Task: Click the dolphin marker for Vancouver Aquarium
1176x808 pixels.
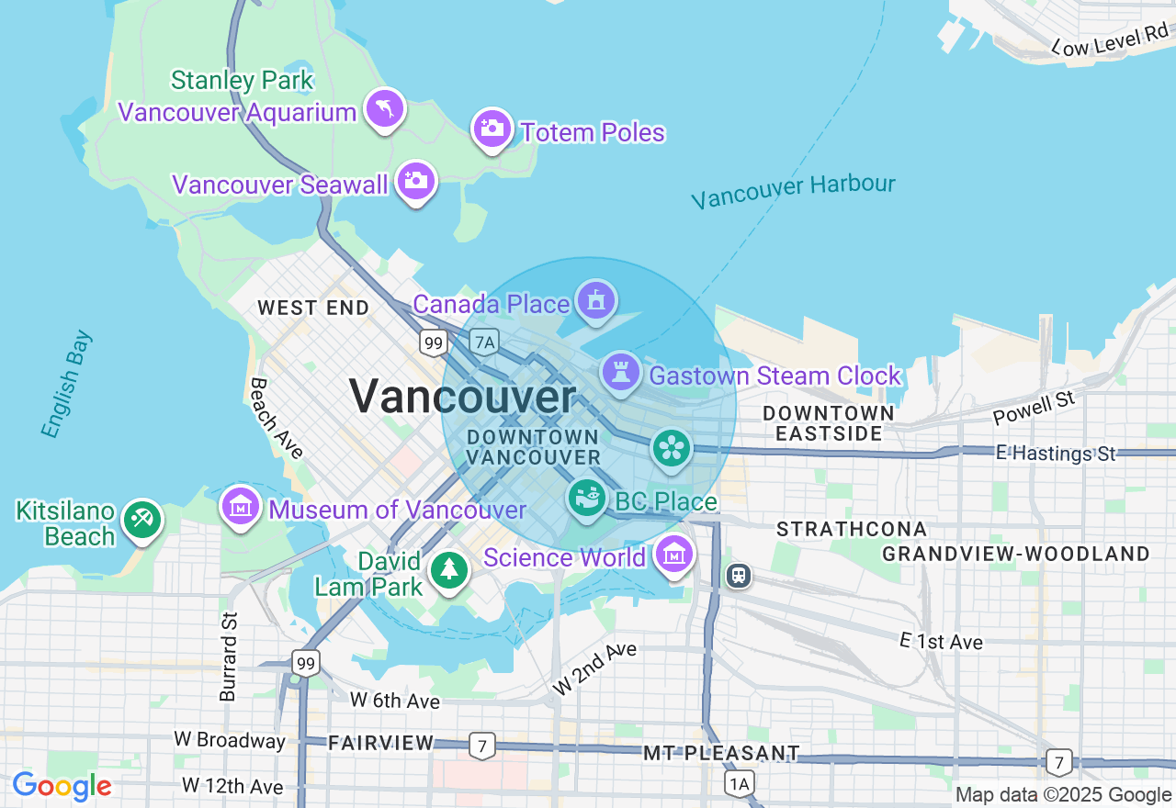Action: [385, 108]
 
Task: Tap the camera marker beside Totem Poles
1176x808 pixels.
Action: [492, 129]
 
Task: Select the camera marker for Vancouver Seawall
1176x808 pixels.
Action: [416, 181]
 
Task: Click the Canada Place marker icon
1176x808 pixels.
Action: [596, 300]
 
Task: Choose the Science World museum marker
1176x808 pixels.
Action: [675, 554]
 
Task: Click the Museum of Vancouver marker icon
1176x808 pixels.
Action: [241, 506]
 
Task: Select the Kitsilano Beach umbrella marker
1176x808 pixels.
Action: [142, 520]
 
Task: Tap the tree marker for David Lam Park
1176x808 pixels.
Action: [449, 570]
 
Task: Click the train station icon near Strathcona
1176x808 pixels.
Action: [739, 576]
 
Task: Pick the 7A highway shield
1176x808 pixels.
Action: [484, 342]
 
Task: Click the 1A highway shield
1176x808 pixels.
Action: [739, 782]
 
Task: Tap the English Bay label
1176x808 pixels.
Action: [66, 383]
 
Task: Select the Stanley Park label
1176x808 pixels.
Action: [243, 81]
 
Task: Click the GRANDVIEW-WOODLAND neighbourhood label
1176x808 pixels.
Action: [1015, 554]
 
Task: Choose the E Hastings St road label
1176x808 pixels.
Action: [1057, 454]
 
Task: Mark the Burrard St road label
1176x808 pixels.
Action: [229, 656]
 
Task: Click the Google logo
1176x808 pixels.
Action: [62, 787]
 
